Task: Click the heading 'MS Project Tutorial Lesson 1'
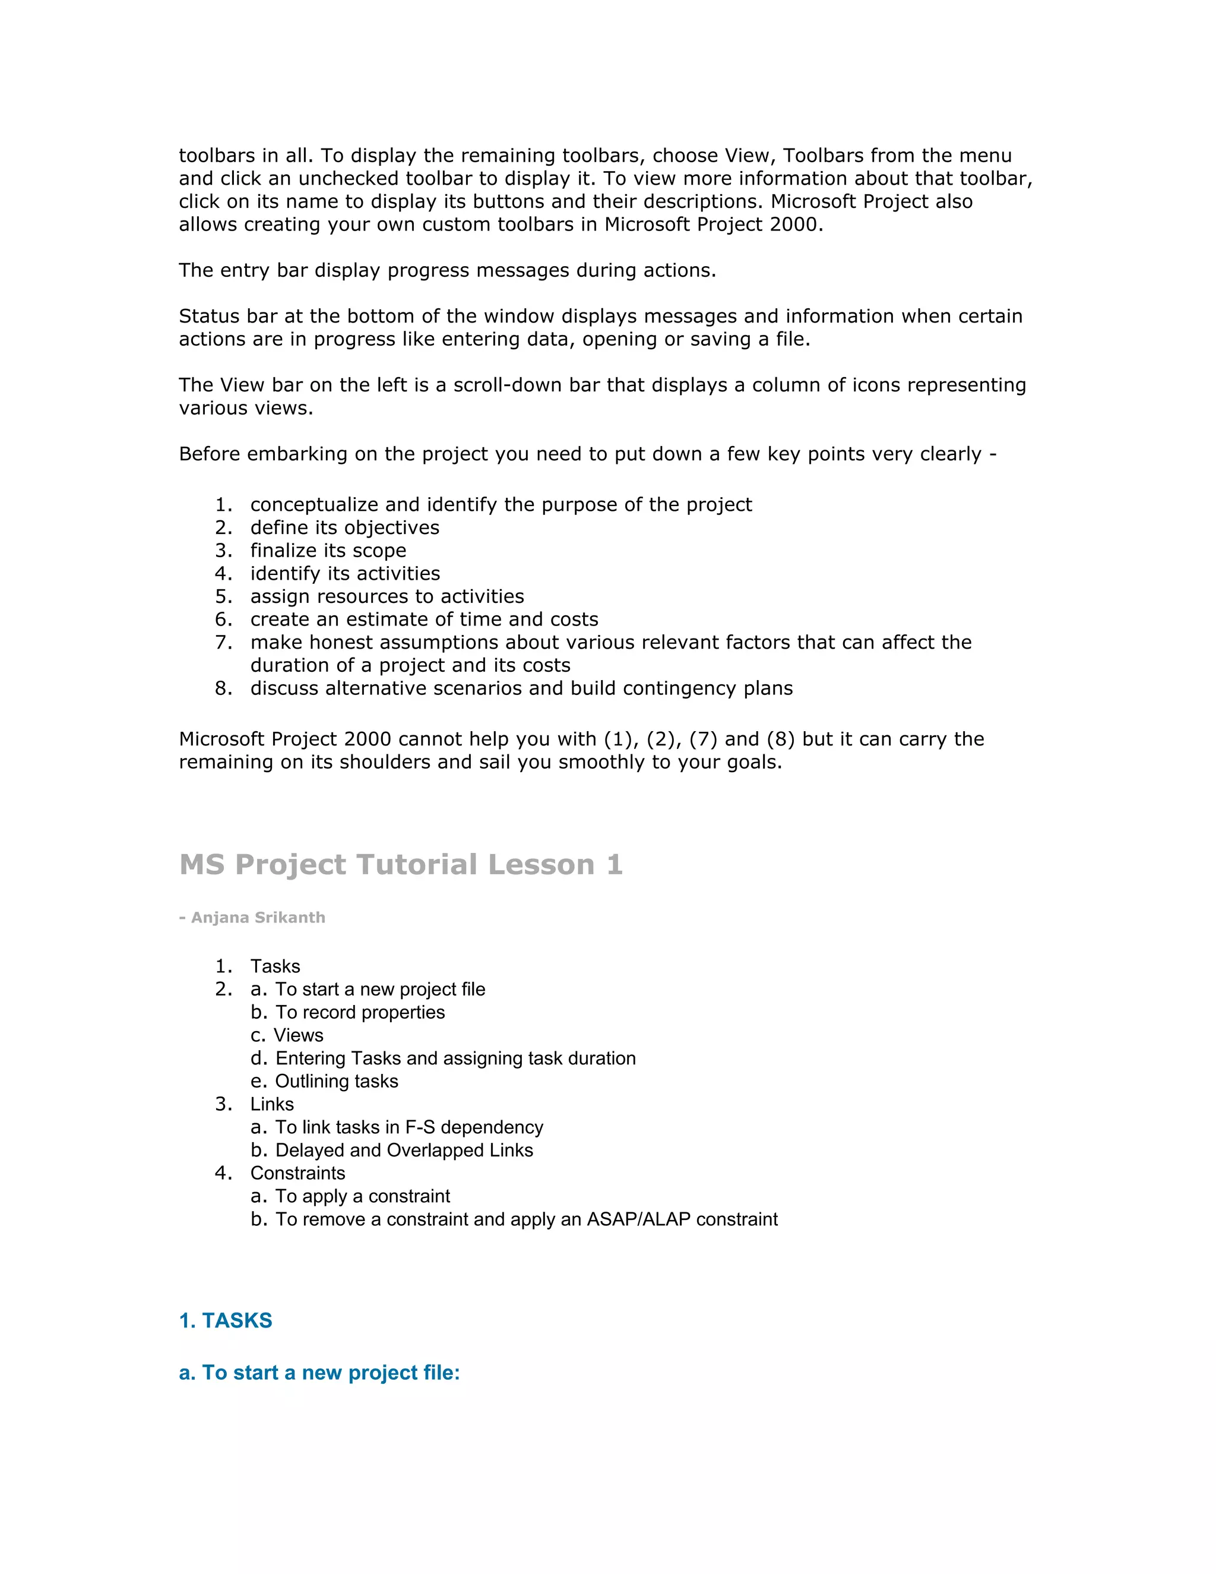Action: [x=401, y=864]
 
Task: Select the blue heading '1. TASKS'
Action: [x=226, y=1320]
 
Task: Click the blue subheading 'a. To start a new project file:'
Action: [x=319, y=1372]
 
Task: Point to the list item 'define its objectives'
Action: [x=344, y=527]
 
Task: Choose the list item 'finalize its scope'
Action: [x=328, y=551]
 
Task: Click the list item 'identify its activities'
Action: [x=345, y=574]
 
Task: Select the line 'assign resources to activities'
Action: [x=387, y=597]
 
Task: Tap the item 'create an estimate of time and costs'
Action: [x=425, y=620]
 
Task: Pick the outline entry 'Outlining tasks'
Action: [x=337, y=1081]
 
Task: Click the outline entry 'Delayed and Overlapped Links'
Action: [x=404, y=1151]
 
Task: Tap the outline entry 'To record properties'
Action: [x=360, y=1013]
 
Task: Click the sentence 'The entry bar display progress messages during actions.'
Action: [x=447, y=270]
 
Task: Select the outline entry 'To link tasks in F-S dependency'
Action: [x=409, y=1127]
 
